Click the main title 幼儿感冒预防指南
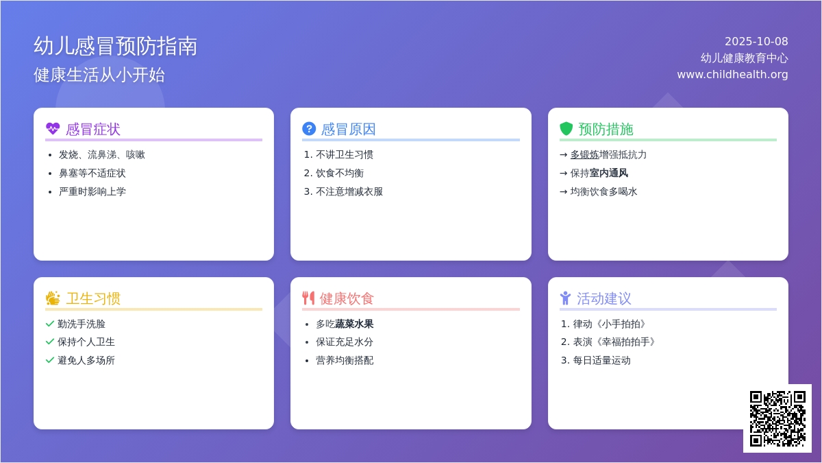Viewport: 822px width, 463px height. click(x=116, y=47)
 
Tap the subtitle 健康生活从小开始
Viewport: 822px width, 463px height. click(x=99, y=75)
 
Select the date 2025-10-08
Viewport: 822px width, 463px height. click(x=756, y=42)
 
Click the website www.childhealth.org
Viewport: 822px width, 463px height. click(x=732, y=75)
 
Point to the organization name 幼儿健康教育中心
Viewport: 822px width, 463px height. click(x=744, y=58)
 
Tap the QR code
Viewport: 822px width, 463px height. click(x=777, y=418)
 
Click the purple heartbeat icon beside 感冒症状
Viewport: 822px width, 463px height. click(x=53, y=129)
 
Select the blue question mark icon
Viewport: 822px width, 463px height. click(x=309, y=129)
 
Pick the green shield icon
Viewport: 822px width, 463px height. click(x=566, y=129)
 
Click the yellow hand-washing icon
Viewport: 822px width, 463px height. click(x=53, y=298)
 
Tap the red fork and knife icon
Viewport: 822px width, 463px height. click(x=308, y=298)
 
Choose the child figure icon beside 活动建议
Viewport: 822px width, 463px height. click(x=566, y=298)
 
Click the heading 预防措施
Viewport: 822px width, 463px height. click(x=606, y=130)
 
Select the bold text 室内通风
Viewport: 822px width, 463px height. click(x=609, y=173)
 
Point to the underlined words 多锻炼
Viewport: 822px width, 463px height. click(x=584, y=155)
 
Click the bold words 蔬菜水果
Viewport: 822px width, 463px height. click(x=354, y=324)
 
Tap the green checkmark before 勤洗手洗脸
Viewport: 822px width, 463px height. click(x=50, y=324)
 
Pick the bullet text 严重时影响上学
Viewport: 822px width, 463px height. click(x=92, y=191)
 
